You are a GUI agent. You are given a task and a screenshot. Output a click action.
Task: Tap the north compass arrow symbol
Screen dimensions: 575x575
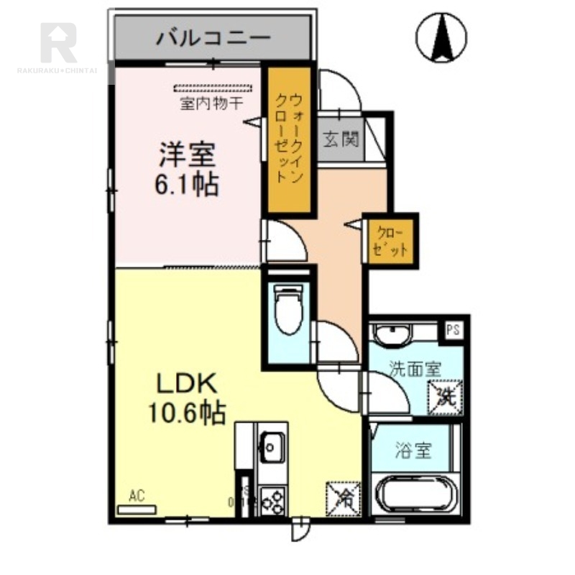click(x=441, y=37)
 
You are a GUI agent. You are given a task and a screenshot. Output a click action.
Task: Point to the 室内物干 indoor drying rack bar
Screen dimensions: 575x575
click(x=213, y=89)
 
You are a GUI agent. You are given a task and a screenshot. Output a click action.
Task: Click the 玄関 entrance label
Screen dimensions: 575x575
click(x=340, y=139)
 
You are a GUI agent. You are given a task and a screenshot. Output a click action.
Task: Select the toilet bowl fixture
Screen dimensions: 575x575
click(x=289, y=311)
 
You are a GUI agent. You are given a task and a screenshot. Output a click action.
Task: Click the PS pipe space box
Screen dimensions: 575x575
click(x=453, y=331)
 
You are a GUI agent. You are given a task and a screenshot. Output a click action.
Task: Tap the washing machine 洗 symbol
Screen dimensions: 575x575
click(x=446, y=397)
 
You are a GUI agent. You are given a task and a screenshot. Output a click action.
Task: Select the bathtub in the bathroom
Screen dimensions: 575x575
click(x=415, y=495)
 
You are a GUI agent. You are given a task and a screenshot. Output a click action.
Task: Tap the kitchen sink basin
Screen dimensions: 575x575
click(x=272, y=447)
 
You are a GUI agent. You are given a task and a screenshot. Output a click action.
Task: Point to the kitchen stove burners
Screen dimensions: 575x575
click(x=273, y=499)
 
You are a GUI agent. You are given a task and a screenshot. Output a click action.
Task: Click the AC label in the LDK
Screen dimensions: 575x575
click(x=137, y=495)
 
